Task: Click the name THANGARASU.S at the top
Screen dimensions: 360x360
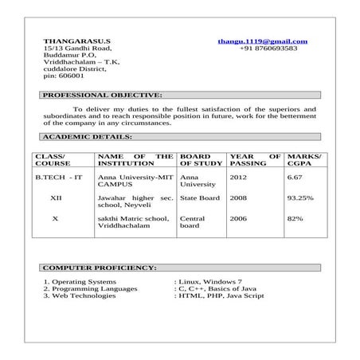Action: tap(77, 40)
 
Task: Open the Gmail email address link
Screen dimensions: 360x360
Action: tap(262, 40)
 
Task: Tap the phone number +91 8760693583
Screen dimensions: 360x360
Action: tap(268, 48)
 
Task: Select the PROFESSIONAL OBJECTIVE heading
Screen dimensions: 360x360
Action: tap(100, 95)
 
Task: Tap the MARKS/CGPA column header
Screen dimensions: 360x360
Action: tap(303, 158)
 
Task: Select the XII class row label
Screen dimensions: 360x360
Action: tap(55, 197)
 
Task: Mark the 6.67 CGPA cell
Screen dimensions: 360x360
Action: tap(295, 177)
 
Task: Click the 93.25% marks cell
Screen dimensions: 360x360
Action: tap(300, 197)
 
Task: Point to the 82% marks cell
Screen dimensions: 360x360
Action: tap(295, 217)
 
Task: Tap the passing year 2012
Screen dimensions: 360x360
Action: tap(238, 177)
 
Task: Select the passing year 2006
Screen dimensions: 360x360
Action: tap(238, 217)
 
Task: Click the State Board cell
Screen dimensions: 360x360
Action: tap(200, 197)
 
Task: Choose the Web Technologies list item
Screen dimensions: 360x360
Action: tap(80, 295)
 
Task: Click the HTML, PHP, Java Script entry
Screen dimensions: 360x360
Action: tap(221, 295)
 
